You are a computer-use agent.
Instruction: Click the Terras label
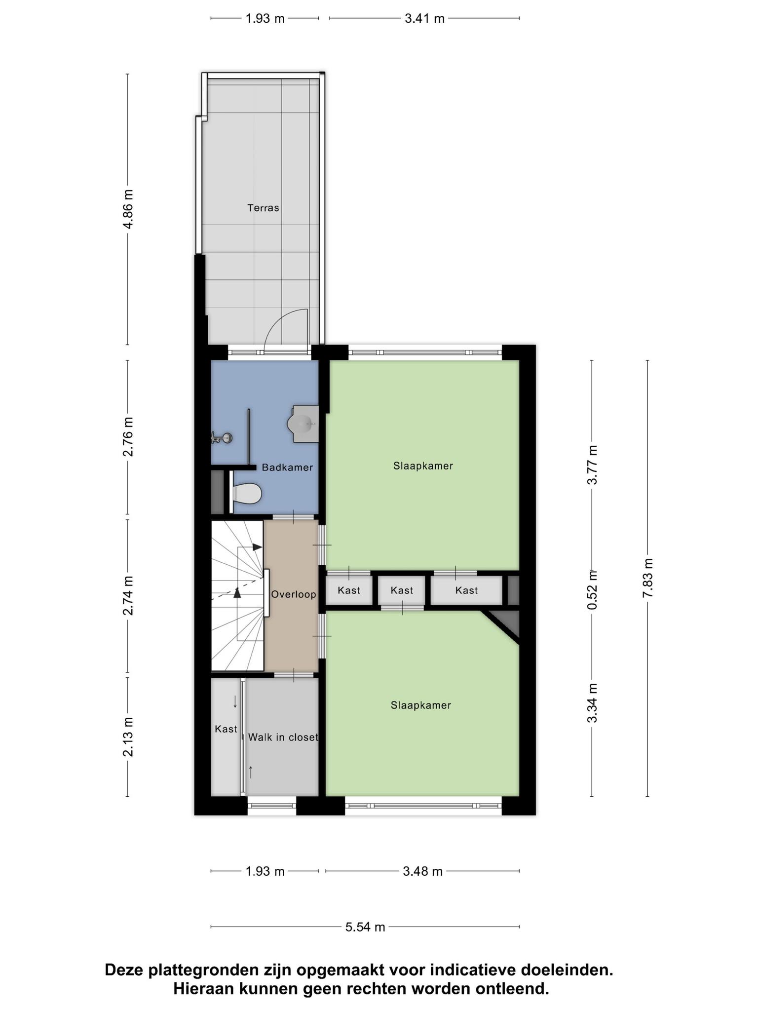[x=263, y=208]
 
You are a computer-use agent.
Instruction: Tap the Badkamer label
[x=287, y=467]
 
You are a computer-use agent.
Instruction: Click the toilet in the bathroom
[x=246, y=493]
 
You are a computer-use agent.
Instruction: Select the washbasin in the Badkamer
[x=303, y=424]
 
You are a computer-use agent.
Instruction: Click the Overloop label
[x=294, y=594]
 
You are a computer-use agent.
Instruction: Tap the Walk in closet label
[x=283, y=737]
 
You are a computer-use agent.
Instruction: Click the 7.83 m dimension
[x=647, y=578]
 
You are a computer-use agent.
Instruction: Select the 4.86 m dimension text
[x=128, y=209]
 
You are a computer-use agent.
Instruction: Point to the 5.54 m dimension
[x=365, y=927]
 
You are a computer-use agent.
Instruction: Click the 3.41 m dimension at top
[x=424, y=19]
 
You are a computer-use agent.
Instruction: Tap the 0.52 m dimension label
[x=592, y=589]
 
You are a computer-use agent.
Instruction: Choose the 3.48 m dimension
[x=423, y=871]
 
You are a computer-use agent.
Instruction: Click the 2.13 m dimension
[x=128, y=737]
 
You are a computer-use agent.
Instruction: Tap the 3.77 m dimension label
[x=592, y=465]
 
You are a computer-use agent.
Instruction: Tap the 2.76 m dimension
[x=128, y=437]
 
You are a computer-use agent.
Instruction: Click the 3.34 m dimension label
[x=592, y=703]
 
